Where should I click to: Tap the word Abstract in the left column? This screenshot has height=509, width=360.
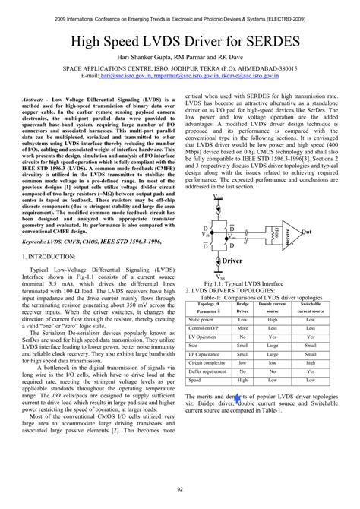pyautogui.click(x=34, y=100)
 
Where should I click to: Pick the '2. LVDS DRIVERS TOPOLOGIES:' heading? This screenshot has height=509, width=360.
pyautogui.click(x=231, y=291)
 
